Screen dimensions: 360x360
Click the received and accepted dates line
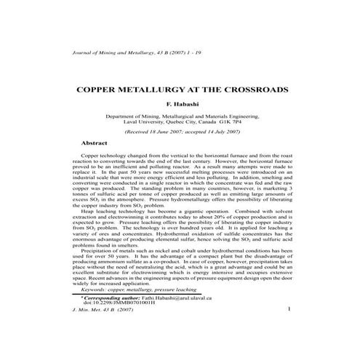click(182, 133)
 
